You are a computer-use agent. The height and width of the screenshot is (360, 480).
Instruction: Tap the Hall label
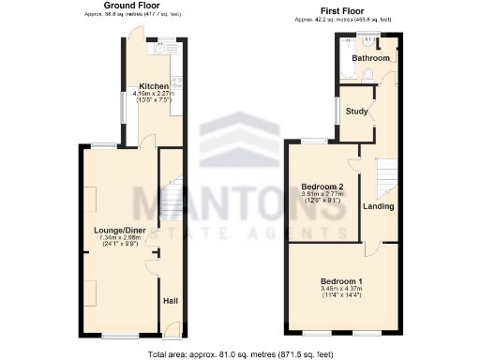[171, 301]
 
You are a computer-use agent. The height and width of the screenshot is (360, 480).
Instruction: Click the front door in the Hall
[172, 327]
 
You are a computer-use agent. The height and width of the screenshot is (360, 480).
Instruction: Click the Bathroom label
[369, 58]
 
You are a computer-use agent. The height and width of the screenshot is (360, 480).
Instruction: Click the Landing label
[379, 206]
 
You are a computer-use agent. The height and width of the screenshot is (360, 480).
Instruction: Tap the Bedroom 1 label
[341, 281]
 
